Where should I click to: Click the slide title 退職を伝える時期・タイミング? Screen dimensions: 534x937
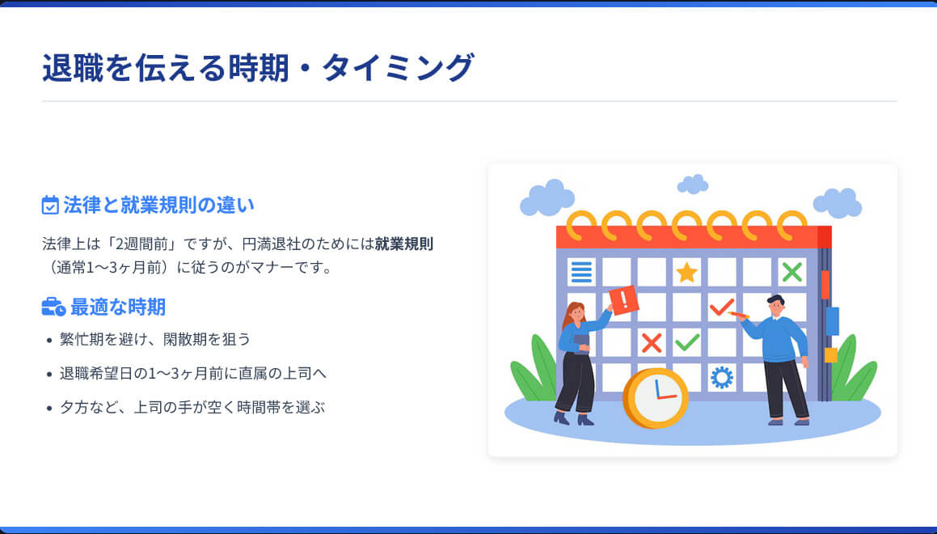pos(257,68)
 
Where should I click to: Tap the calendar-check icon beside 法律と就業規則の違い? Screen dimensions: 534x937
pos(50,205)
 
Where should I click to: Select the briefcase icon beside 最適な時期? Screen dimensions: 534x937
pos(53,307)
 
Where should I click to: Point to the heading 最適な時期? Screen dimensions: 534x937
pos(117,307)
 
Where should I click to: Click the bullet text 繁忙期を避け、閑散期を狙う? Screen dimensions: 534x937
pos(155,339)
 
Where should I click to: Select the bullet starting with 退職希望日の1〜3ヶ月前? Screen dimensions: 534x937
pos(192,373)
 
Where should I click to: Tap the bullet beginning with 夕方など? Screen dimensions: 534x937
pos(192,407)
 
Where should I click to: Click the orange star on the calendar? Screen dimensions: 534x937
pos(686,272)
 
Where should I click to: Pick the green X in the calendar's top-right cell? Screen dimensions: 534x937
pos(791,272)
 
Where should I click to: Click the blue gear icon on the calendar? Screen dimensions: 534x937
pos(721,377)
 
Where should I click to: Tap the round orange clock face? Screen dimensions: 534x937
pos(656,397)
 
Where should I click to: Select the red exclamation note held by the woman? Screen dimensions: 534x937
pos(623,300)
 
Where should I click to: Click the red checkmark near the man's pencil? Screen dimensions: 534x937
pos(720,307)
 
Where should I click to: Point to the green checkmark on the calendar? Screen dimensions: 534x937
pos(686,342)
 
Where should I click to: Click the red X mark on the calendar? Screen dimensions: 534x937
pos(651,342)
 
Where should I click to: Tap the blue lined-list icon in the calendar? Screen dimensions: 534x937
pos(581,272)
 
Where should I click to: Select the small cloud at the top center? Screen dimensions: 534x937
pos(692,184)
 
